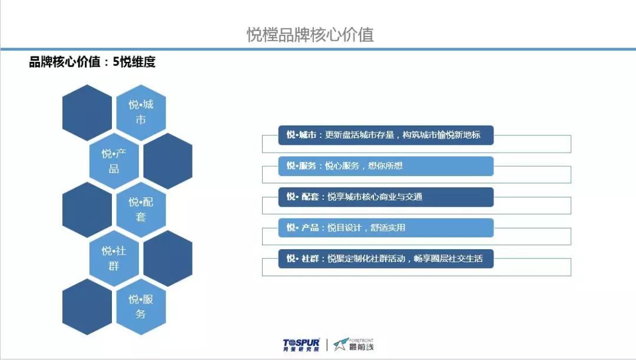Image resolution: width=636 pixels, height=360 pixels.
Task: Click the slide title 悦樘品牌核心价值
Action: click(310, 35)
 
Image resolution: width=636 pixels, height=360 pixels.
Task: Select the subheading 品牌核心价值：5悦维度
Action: click(92, 62)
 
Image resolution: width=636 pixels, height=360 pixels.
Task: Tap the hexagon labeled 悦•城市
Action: click(141, 113)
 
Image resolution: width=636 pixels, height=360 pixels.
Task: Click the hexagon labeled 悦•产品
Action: click(114, 161)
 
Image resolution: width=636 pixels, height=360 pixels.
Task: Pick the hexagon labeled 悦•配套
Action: click(141, 209)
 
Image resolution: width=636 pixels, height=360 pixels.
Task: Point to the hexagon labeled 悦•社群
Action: click(114, 258)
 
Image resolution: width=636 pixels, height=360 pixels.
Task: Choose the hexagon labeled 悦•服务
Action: click(141, 306)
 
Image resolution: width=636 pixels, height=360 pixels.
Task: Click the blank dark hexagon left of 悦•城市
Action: click(87, 113)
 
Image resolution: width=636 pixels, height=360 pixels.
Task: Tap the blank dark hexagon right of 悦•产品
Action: click(168, 161)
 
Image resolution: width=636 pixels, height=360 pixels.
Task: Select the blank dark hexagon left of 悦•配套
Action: click(87, 209)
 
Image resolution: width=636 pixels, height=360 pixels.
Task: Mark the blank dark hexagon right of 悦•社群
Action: click(168, 258)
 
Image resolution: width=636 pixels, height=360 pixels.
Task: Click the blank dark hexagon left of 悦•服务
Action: click(87, 306)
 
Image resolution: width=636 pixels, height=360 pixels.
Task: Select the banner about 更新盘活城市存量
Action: click(386, 135)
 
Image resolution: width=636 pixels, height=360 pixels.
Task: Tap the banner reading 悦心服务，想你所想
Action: click(386, 166)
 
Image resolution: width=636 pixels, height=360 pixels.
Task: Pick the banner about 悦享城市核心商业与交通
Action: click(386, 197)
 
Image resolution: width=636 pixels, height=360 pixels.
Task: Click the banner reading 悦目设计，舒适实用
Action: click(386, 227)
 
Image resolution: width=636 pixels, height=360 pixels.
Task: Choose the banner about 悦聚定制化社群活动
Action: click(386, 259)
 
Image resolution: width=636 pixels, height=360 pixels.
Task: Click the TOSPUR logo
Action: click(301, 345)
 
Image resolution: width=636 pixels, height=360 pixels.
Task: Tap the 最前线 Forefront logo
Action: click(353, 345)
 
